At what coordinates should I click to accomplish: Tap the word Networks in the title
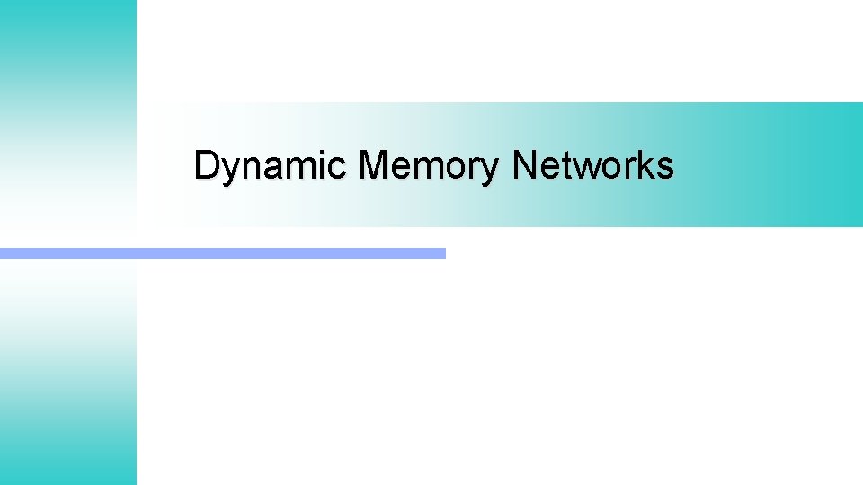tap(593, 166)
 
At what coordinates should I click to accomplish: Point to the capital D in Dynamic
tap(206, 166)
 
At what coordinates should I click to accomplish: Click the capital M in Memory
tap(373, 166)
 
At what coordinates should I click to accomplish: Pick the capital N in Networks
tap(524, 166)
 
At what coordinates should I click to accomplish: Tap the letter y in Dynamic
tap(228, 171)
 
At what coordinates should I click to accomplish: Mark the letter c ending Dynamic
tap(340, 169)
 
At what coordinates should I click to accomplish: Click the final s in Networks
tap(663, 169)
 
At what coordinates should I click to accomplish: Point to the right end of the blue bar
tap(442, 253)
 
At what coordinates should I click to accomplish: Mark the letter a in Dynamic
tap(270, 169)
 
